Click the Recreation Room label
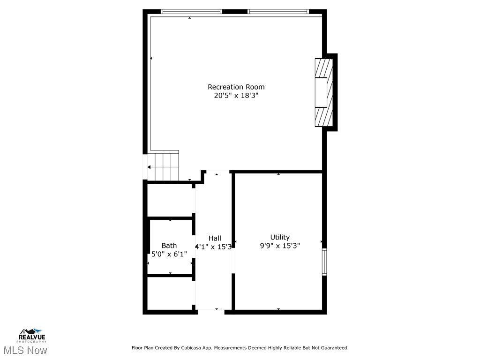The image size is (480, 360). click(x=236, y=87)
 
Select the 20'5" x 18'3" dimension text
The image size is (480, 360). click(x=236, y=96)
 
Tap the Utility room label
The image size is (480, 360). click(x=280, y=237)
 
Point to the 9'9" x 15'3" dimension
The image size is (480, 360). click(x=280, y=245)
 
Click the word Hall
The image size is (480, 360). click(x=215, y=238)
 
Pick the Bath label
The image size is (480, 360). click(x=169, y=246)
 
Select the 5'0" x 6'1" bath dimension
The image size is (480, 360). click(x=169, y=254)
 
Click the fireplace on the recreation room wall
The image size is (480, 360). click(x=324, y=92)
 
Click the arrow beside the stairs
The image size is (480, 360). click(x=150, y=167)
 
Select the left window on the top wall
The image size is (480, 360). click(x=191, y=11)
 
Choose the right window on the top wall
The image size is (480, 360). click(x=278, y=11)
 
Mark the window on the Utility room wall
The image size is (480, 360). click(x=324, y=262)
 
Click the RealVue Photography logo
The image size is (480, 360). click(x=32, y=335)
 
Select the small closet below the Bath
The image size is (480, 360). click(x=170, y=293)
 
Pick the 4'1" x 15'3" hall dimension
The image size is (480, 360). click(x=213, y=247)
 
